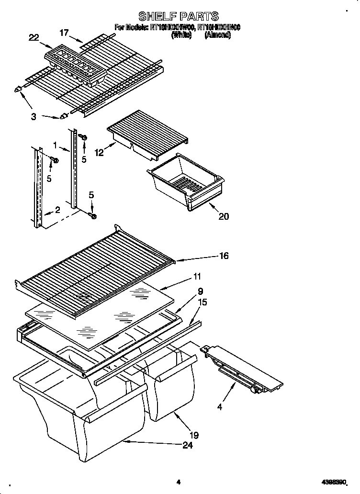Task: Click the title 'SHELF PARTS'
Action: tap(178, 17)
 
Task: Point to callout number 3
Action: tap(33, 116)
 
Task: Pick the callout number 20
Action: tap(223, 216)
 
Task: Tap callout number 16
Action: tap(224, 256)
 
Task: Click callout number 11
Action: tap(197, 276)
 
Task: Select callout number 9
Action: tap(200, 291)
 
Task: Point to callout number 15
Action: tap(202, 302)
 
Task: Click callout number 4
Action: tap(219, 408)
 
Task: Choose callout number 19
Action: tap(194, 435)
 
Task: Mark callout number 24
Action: tap(188, 446)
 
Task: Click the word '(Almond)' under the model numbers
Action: tap(218, 35)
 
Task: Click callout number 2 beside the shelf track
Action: tap(57, 209)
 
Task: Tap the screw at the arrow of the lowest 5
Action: tap(93, 216)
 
